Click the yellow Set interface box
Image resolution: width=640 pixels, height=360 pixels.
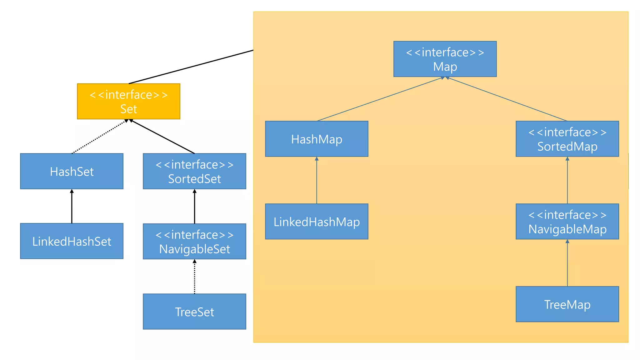128,101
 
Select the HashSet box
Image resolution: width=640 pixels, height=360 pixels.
72,171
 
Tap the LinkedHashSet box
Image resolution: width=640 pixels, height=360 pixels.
72,241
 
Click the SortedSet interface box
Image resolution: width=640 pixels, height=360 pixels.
194,171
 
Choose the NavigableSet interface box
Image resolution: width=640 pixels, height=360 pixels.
194,241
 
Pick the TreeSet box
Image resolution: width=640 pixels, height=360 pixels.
194,312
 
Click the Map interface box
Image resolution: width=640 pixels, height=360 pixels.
445,59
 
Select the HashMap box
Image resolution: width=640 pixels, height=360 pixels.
317,139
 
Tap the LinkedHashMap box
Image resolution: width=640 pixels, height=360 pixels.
317,222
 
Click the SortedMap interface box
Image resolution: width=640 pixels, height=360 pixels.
567,139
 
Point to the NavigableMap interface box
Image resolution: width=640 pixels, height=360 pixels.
567,222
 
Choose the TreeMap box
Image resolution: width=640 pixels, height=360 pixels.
567,304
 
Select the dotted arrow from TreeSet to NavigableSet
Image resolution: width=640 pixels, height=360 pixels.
194,277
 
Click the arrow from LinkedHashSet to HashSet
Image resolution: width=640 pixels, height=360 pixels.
72,206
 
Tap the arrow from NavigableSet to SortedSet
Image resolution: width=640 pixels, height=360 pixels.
194,207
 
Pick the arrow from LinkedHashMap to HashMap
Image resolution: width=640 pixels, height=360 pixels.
317,180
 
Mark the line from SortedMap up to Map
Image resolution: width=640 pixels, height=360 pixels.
507,99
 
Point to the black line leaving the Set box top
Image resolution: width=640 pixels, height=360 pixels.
191,67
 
